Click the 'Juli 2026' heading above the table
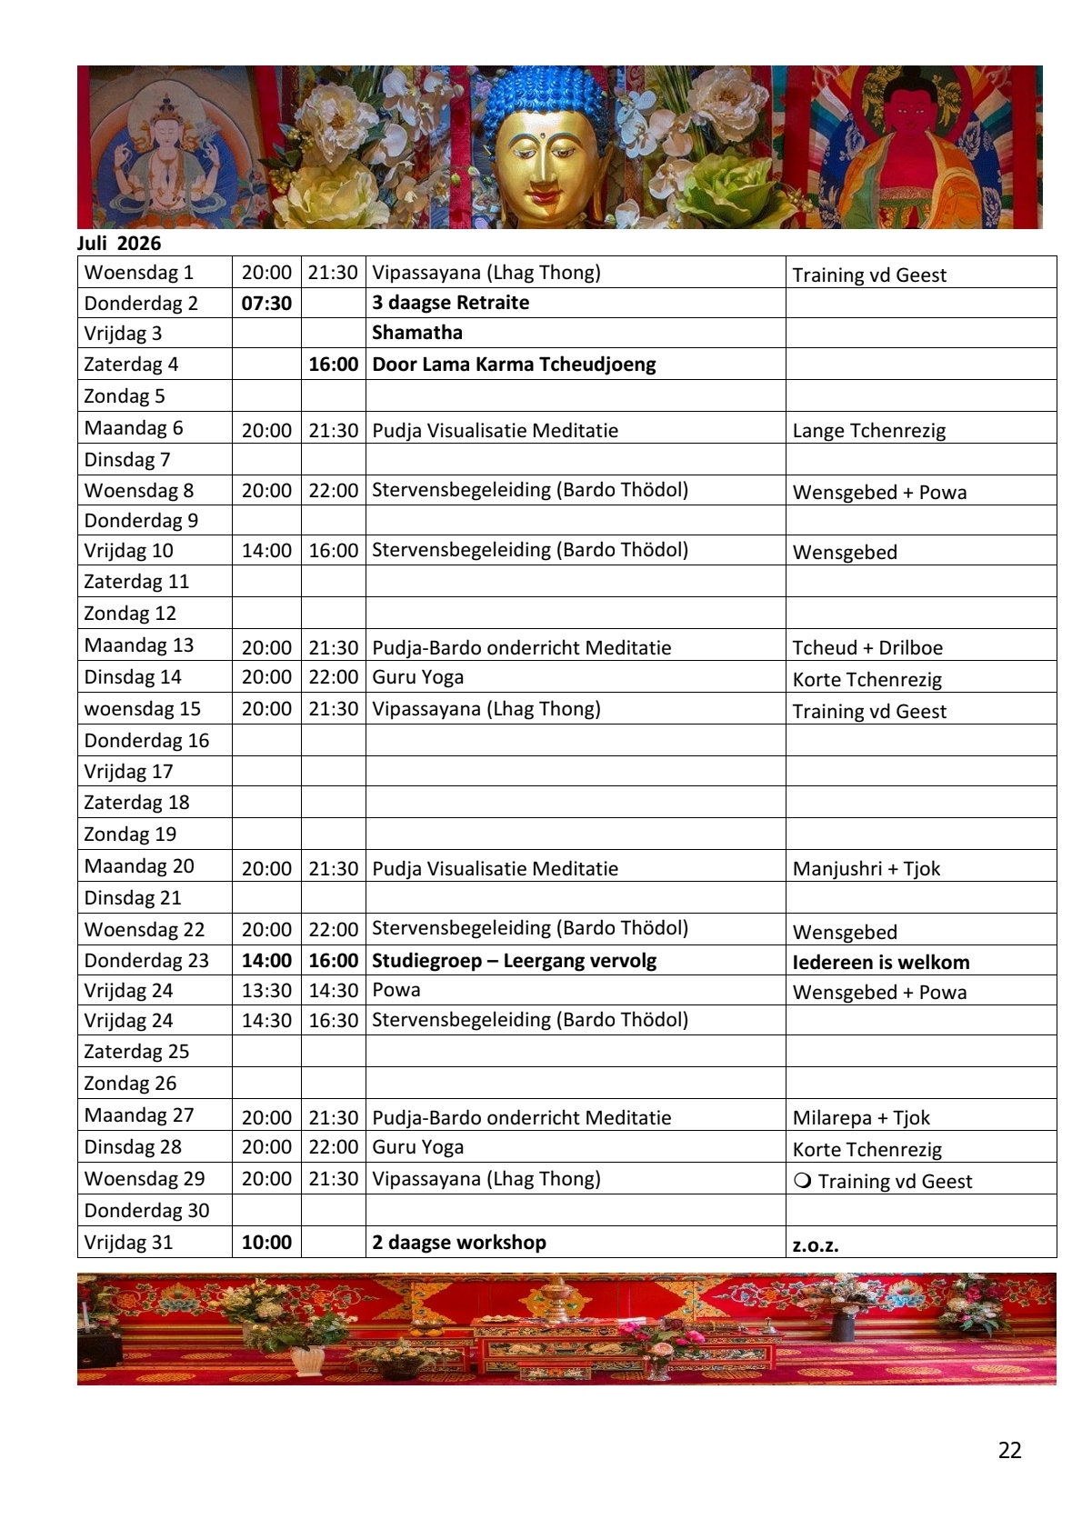[119, 244]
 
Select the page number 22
[1009, 1450]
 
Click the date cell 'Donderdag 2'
[141, 304]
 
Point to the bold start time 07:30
[266, 304]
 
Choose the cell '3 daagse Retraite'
[451, 303]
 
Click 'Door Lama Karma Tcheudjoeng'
[514, 365]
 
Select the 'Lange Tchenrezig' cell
[868, 431]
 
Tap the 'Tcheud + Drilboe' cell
[867, 648]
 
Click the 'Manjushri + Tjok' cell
[866, 869]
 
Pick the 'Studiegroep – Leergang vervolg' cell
[514, 961]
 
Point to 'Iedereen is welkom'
[880, 963]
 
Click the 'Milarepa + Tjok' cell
[860, 1118]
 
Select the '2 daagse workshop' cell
[459, 1243]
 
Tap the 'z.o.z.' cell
[815, 1245]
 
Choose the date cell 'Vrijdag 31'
[128, 1243]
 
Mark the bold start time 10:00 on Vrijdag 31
[266, 1243]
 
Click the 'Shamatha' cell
[417, 333]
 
